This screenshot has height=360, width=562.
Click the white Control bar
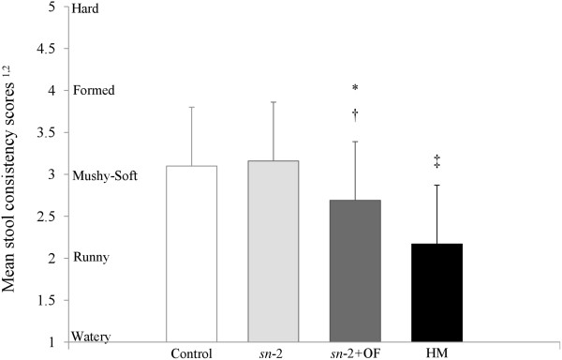(x=192, y=253)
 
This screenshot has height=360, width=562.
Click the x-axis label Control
(x=192, y=353)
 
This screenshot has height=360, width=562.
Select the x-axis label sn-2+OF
(x=355, y=353)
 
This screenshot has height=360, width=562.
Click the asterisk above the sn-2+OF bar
(x=356, y=89)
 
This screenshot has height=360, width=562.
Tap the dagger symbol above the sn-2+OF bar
(x=356, y=113)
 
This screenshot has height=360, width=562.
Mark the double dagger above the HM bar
(x=437, y=163)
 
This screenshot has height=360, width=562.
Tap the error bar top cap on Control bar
(x=192, y=107)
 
